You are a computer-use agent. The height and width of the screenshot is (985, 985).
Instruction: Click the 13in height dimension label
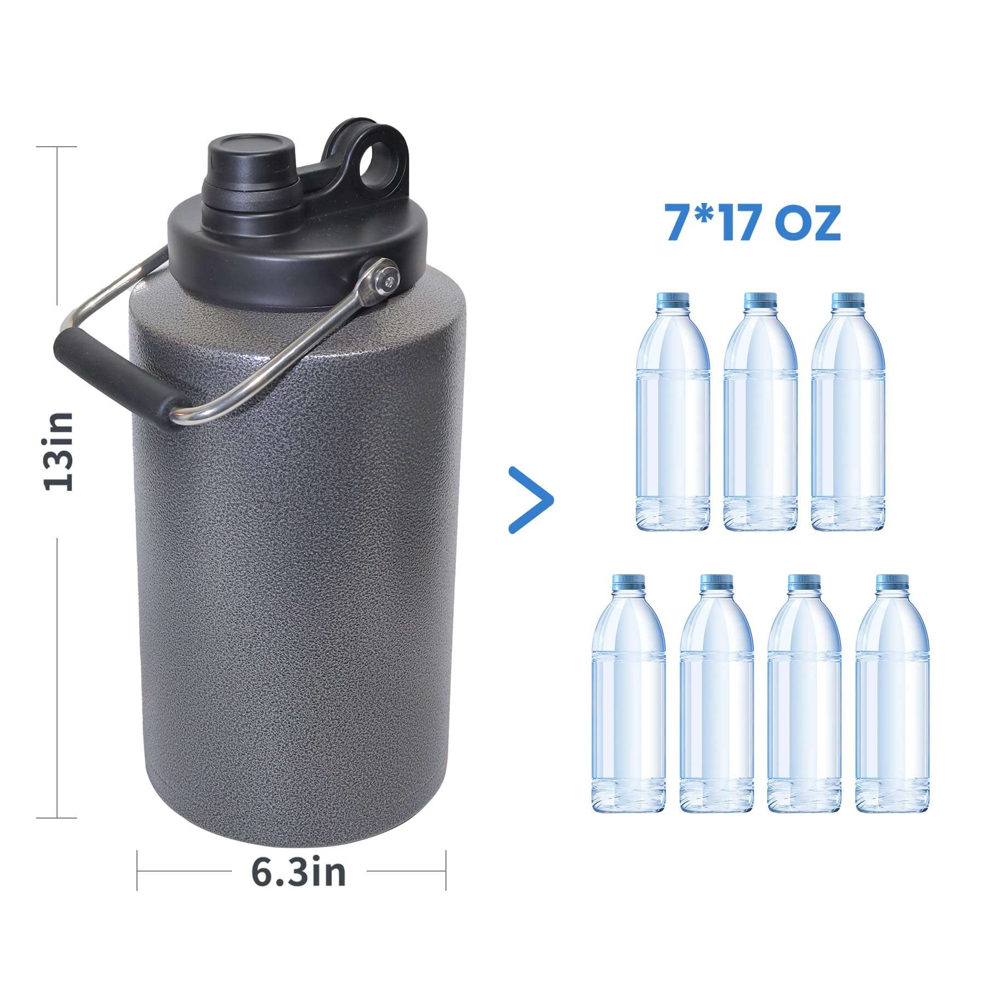(59, 451)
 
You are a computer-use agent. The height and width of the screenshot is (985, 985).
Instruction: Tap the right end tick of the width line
(446, 871)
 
